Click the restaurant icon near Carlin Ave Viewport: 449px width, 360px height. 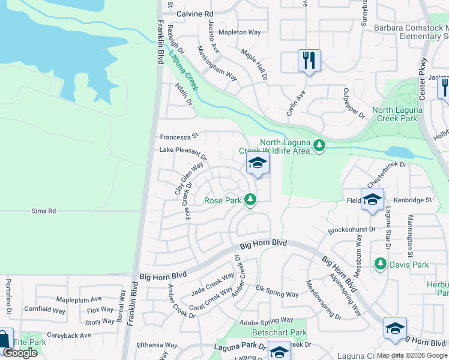309,60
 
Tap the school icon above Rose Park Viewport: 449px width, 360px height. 258,163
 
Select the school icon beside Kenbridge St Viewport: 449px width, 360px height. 372,200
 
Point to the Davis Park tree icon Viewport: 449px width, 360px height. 380,264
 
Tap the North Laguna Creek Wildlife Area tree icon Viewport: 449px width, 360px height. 320,145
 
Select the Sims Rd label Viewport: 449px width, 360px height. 44,211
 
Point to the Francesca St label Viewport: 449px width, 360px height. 178,137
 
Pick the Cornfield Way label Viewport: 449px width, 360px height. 44,310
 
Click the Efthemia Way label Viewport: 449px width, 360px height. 157,346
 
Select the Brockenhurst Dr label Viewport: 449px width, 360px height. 351,230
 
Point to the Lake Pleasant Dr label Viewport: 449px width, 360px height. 182,153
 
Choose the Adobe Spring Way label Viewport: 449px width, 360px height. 266,321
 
